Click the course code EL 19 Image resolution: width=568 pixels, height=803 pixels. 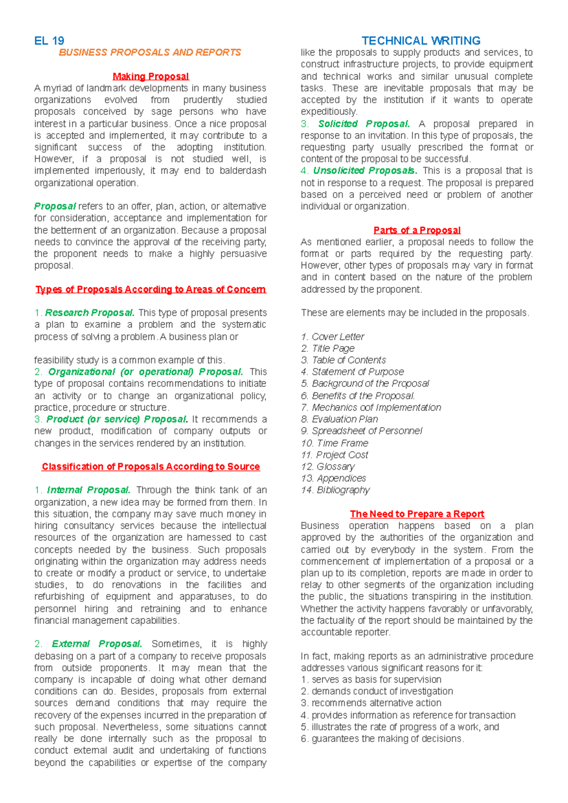tap(49, 41)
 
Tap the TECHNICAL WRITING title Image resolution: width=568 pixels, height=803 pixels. tap(421, 41)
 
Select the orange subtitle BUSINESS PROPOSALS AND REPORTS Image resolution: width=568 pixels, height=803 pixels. tap(150, 53)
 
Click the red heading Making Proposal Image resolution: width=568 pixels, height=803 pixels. tap(151, 76)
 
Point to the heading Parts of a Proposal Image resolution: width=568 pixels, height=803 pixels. tap(417, 231)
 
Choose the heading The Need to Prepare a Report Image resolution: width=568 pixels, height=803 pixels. tap(417, 514)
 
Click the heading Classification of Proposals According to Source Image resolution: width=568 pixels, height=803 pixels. tap(151, 467)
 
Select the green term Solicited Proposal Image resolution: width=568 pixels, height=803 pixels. tap(364, 124)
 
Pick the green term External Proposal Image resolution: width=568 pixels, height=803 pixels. tap(97, 644)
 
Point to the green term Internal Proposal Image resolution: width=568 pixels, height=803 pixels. tap(89, 490)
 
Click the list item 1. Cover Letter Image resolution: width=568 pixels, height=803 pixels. tap(333, 337)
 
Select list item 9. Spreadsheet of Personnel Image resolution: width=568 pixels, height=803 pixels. tap(361, 431)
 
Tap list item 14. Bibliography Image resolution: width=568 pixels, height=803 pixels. tap(335, 490)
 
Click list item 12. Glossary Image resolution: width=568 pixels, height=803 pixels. tap(328, 466)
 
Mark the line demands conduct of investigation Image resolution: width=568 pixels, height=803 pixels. tap(377, 691)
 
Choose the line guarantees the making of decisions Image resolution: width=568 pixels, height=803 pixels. tap(382, 739)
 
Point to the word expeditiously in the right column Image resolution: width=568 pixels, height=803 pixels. tap(329, 112)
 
